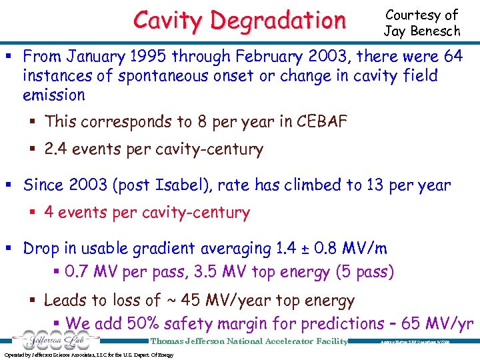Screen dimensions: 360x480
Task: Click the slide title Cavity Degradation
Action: click(239, 20)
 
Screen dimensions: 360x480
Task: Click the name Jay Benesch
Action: click(422, 30)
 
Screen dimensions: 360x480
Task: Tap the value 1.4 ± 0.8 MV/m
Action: click(332, 249)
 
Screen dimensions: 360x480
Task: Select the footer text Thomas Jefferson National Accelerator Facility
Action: click(249, 341)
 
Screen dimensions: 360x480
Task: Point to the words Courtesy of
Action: click(422, 15)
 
